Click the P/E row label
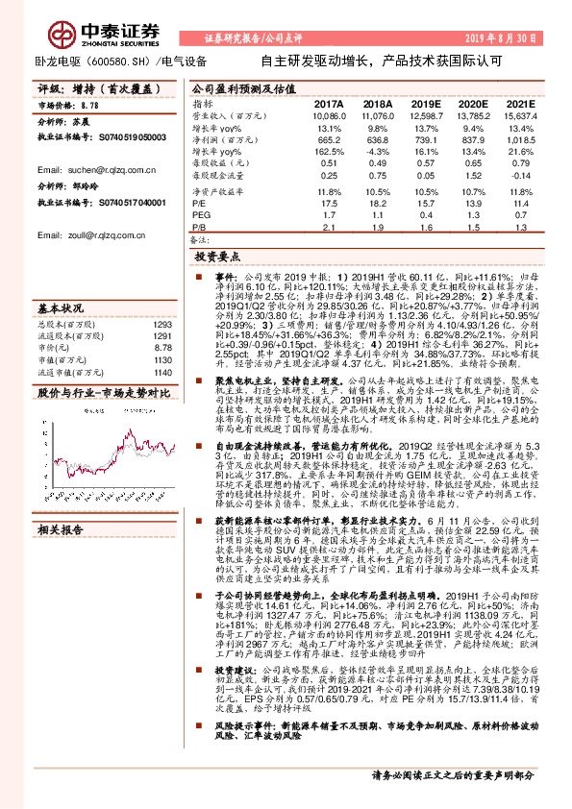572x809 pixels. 198,204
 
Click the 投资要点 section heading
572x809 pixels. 219,258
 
